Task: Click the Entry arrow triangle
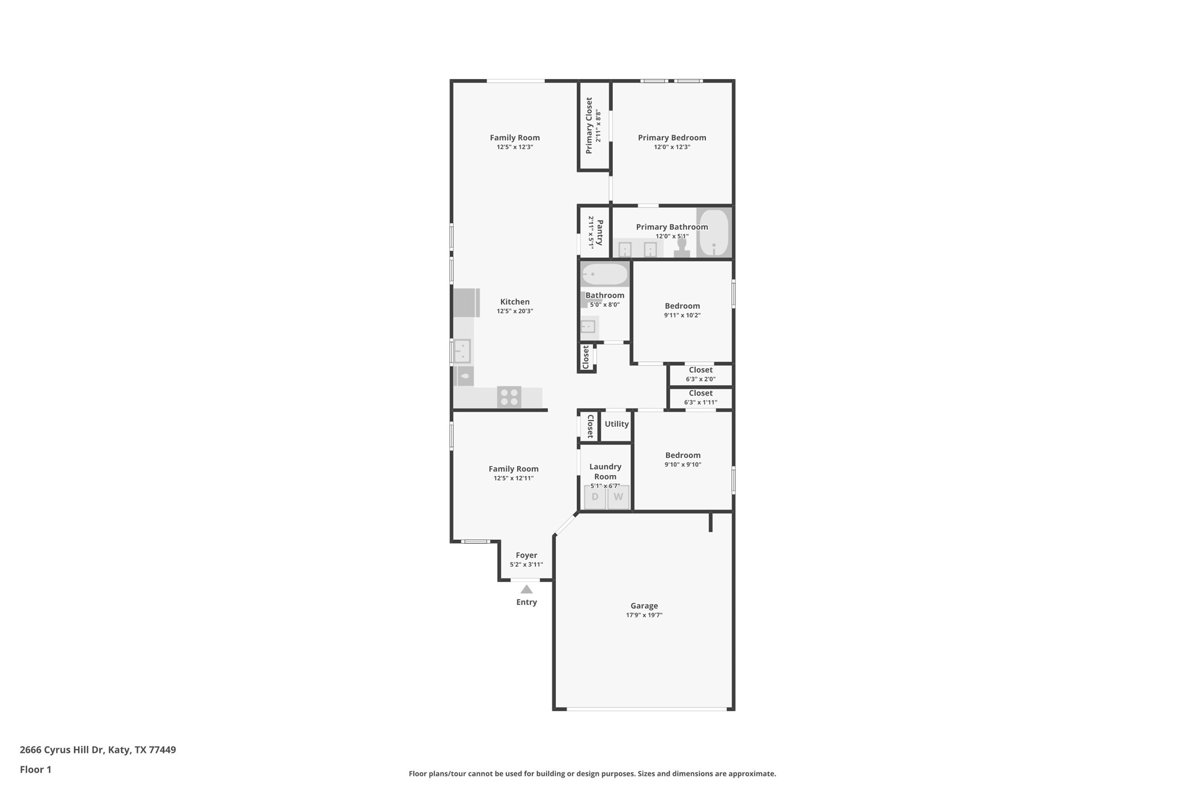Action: (526, 589)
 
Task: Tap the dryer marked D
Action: (595, 497)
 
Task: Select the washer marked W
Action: (618, 497)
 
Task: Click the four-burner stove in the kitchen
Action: (509, 397)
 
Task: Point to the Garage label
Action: (644, 606)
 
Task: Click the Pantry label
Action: (600, 232)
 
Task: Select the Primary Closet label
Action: (589, 125)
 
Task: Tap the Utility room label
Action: (617, 424)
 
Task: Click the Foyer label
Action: (526, 555)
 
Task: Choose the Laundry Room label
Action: (605, 471)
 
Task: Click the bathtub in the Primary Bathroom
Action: (714, 232)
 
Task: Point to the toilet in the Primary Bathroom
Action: (682, 248)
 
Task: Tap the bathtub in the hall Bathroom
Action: (605, 274)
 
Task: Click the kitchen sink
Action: (462, 351)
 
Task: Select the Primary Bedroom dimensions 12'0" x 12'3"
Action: (672, 147)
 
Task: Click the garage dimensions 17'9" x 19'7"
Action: (644, 615)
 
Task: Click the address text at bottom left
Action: (98, 750)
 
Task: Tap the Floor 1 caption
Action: (35, 770)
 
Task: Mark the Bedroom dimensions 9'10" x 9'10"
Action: (683, 465)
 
